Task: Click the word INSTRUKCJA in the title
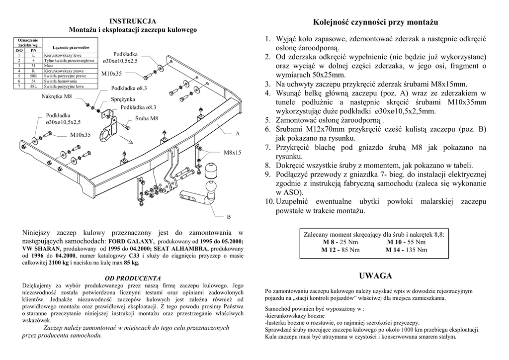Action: [x=133, y=21]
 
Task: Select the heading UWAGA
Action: [x=375, y=275]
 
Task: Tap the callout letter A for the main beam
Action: [x=237, y=134]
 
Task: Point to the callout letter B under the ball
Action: [x=229, y=217]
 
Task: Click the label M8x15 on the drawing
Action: [x=232, y=152]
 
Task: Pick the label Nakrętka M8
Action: [x=57, y=96]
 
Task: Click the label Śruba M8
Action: [x=147, y=118]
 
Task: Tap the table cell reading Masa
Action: [x=49, y=65]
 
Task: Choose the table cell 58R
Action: [x=33, y=76]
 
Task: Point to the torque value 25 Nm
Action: [x=347, y=242]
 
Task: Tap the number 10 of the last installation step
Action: [x=269, y=201]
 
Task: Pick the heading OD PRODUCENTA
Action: [x=133, y=278]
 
